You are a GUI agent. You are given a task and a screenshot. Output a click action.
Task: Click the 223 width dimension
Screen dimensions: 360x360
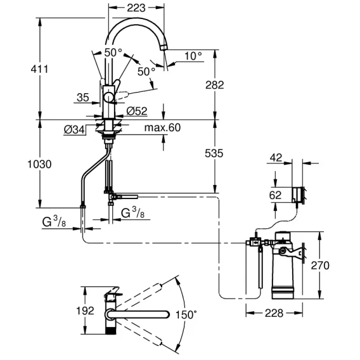(x=136, y=8)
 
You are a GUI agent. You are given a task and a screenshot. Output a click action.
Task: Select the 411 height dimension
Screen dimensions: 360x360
(x=39, y=69)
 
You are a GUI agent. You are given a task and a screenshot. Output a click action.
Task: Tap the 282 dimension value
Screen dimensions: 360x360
(x=215, y=85)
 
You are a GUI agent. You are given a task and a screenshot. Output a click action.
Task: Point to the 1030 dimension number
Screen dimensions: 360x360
(x=39, y=164)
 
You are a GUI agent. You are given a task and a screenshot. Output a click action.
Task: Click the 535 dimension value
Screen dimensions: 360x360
(x=214, y=153)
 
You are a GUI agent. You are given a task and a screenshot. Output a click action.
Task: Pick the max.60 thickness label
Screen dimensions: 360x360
(x=162, y=127)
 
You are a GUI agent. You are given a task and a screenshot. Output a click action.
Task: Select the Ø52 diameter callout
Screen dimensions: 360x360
(x=137, y=111)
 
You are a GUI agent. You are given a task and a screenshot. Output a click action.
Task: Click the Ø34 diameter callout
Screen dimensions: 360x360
(x=74, y=130)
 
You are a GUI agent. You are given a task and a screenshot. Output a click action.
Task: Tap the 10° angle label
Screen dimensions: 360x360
(x=193, y=56)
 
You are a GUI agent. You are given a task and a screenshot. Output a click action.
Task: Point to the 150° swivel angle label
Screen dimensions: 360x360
(x=186, y=314)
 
